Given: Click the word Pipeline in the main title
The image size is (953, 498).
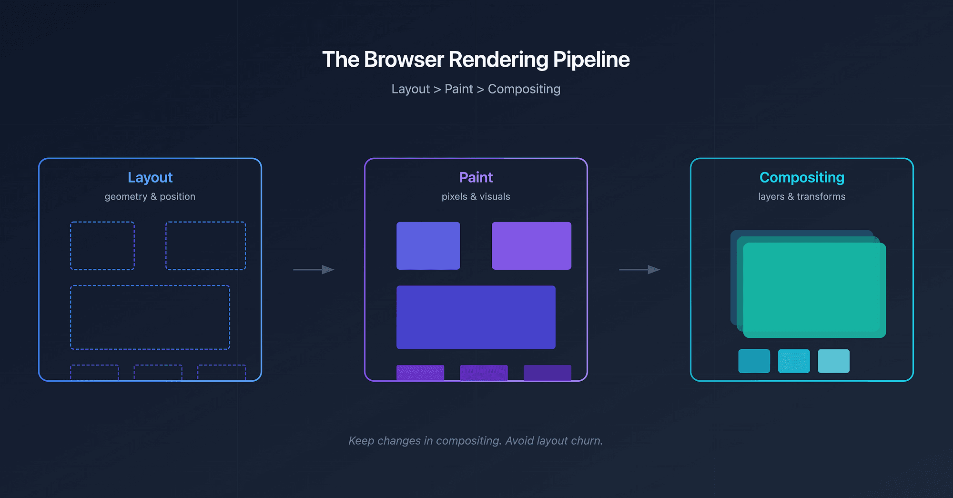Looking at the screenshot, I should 591,60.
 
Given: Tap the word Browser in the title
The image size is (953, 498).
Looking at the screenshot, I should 404,60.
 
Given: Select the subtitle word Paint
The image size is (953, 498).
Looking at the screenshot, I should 458,89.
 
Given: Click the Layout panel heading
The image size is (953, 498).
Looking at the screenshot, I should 150,177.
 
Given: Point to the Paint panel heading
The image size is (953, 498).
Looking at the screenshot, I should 476,177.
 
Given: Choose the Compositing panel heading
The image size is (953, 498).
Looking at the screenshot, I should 801,177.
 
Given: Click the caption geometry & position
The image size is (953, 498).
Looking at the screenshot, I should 150,196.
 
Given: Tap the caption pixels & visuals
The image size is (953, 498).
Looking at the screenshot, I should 476,196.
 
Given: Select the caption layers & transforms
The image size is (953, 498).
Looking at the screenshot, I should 801,196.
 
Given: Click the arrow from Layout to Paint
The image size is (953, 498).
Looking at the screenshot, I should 314,270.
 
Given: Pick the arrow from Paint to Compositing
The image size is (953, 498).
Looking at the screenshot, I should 639,270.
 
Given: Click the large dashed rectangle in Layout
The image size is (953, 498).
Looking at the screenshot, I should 150,317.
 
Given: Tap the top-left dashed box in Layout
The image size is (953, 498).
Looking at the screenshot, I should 102,246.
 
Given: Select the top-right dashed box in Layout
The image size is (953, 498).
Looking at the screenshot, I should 205,246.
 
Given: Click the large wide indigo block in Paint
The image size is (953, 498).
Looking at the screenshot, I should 476,317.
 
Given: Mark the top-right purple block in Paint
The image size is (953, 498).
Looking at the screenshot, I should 531,246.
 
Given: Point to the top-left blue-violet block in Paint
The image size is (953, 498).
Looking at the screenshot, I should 428,246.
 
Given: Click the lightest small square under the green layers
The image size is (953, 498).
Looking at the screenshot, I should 833,361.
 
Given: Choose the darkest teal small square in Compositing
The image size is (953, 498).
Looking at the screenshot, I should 754,361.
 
